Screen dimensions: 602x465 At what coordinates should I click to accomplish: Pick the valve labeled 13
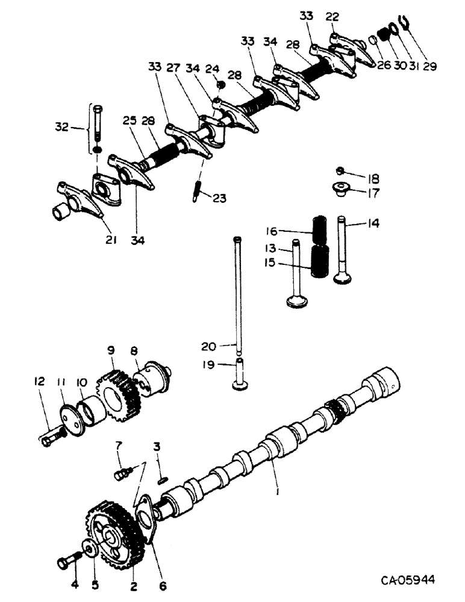click(296, 277)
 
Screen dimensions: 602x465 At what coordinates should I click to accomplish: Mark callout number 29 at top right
click(429, 67)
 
